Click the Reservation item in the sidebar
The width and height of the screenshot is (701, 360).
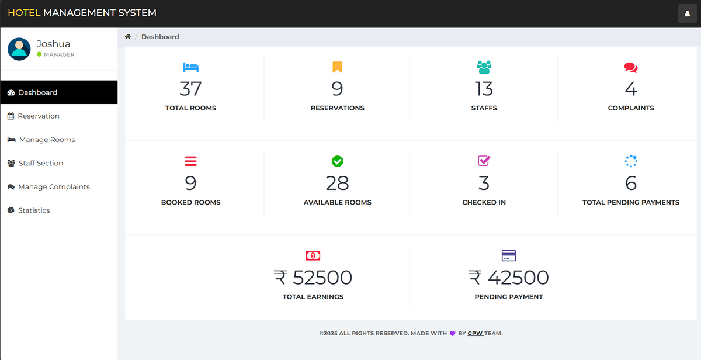[x=39, y=116]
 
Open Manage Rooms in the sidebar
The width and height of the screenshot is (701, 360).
[x=47, y=140]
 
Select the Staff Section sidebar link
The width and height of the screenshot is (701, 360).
[x=40, y=163]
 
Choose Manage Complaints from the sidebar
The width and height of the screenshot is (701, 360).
[x=54, y=187]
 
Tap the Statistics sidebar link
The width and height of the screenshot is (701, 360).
[x=34, y=210]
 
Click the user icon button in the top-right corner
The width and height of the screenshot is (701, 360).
[x=688, y=13]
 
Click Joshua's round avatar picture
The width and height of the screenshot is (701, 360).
[x=19, y=49]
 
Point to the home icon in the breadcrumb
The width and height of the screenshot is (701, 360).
[x=128, y=37]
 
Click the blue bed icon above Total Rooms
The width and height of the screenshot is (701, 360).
[x=191, y=67]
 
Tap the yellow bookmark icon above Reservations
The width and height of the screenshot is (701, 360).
[x=338, y=67]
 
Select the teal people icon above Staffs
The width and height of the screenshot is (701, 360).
[x=484, y=67]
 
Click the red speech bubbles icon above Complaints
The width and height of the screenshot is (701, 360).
[x=631, y=67]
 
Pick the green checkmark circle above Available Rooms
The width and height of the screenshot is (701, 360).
[x=338, y=161]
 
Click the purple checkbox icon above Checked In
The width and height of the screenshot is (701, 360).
[x=484, y=161]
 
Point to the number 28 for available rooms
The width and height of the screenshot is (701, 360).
[x=338, y=184]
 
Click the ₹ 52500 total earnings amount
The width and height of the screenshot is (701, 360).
[x=313, y=278]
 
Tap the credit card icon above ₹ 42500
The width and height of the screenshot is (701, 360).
[x=509, y=255]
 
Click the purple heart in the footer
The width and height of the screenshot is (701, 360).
[x=452, y=334]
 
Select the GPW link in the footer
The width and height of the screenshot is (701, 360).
[x=475, y=334]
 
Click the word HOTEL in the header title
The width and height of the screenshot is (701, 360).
[x=24, y=13]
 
